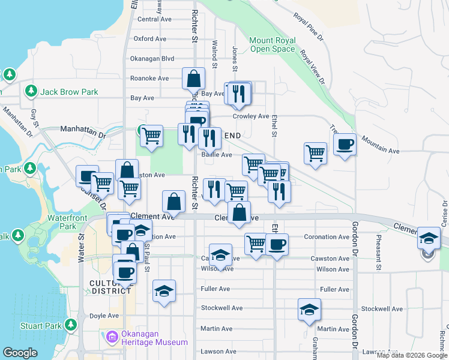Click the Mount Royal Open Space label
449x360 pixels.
point(273,44)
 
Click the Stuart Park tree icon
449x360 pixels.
point(71,325)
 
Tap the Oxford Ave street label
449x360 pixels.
point(150,38)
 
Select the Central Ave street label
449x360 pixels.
point(155,19)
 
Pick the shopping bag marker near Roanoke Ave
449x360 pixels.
point(194,78)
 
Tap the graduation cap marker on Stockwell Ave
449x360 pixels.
point(309,310)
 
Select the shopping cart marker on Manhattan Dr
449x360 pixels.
point(152,136)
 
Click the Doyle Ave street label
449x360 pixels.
point(104,316)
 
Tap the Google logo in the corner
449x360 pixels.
point(20,353)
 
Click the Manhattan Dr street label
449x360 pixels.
point(82,128)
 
